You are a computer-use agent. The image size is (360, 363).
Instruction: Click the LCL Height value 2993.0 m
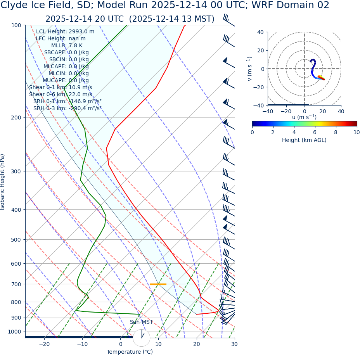81,32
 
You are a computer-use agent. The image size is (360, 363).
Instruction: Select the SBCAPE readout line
66,53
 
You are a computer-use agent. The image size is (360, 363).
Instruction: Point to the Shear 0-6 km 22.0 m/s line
61,95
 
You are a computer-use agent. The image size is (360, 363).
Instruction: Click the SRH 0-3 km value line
67,109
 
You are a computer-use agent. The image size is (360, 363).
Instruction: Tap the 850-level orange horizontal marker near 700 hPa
158,284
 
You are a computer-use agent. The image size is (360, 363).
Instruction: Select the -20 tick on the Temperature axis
44,344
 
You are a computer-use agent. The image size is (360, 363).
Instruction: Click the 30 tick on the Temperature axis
234,344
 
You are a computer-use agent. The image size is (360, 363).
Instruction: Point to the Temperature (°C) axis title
130,352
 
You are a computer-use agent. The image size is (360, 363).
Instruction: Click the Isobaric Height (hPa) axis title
3,182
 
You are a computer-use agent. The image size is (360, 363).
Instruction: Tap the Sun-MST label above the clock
141,322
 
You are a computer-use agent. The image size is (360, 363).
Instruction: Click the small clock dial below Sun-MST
141,338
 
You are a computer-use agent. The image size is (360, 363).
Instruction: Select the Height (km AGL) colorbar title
304,140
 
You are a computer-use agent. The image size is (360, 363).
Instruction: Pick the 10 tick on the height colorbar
356,133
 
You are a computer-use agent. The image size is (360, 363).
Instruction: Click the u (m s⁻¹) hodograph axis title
304,117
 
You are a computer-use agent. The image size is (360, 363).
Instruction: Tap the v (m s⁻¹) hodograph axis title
250,69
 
